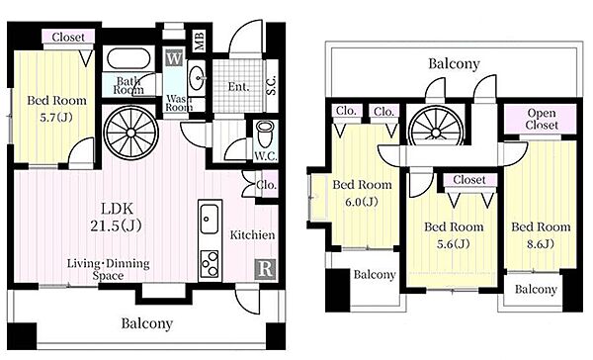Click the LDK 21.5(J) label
[116, 217]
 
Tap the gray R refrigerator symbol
[265, 269]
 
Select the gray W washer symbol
[174, 58]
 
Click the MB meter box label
[199, 41]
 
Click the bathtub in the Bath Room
[128, 59]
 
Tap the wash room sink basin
[197, 78]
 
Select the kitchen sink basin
[209, 219]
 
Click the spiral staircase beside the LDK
[130, 133]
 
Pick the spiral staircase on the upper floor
[436, 127]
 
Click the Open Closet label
[542, 119]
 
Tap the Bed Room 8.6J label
[541, 234]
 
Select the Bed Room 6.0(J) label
[362, 193]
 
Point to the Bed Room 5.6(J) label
[454, 235]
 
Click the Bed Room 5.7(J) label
[56, 109]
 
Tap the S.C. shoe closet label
[272, 86]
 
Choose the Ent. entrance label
[238, 87]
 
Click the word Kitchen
[252, 234]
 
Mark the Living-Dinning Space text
[108, 269]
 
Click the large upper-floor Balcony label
[454, 63]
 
